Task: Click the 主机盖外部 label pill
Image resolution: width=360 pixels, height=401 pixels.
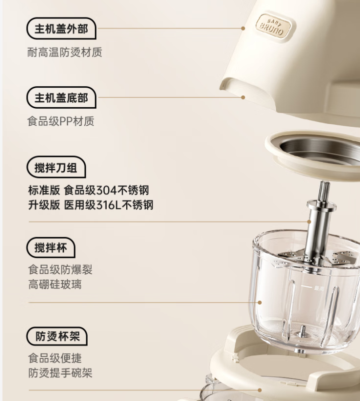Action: (61, 29)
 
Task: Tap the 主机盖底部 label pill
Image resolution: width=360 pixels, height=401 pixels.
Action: (61, 97)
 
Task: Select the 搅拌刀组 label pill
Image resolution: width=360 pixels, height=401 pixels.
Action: (56, 167)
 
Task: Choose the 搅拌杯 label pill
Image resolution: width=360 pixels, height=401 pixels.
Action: (51, 247)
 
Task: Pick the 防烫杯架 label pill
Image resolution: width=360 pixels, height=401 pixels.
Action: (57, 336)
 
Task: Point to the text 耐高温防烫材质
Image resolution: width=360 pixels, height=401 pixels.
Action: (65, 52)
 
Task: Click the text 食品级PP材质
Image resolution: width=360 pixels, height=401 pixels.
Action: (61, 121)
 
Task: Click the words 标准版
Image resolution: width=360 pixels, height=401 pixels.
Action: (44, 190)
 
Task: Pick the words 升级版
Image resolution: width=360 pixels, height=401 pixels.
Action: (44, 205)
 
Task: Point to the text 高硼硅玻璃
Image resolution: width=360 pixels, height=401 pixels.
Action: (55, 284)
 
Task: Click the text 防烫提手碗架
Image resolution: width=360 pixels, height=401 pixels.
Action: (60, 373)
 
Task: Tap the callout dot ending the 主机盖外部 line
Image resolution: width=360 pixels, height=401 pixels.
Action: (243, 29)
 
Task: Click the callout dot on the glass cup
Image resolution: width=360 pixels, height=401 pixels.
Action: (259, 303)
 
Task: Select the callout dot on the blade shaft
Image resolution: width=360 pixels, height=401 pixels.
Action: (309, 222)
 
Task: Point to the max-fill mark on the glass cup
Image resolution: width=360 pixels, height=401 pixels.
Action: (312, 288)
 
